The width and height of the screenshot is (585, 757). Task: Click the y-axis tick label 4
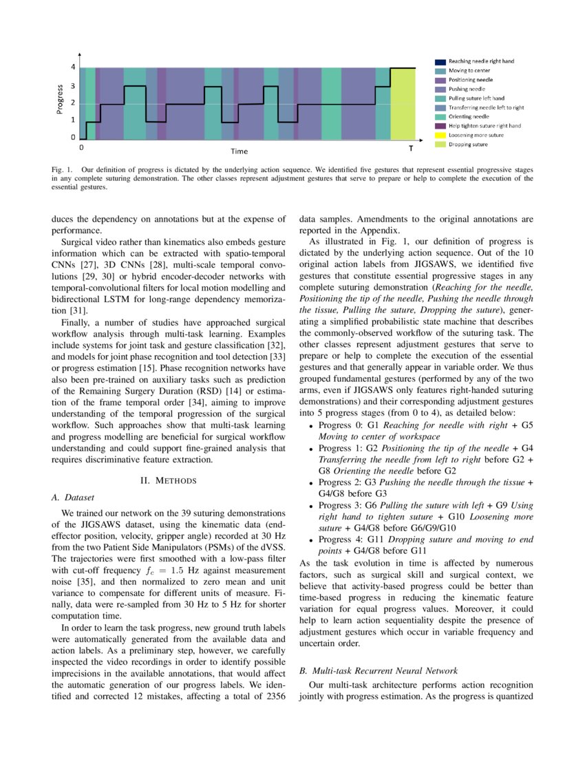tap(73, 67)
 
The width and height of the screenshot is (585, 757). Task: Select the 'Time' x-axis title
tap(240, 151)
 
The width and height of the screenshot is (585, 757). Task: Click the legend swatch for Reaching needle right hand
tap(440, 61)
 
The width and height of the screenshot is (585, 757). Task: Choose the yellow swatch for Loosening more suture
tap(440, 136)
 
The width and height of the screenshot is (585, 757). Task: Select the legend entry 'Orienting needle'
tap(469, 117)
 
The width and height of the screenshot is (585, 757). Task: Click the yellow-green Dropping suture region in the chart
tap(403, 103)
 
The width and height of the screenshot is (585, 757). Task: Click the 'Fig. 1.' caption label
tap(63, 169)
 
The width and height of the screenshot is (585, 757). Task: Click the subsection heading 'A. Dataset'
tap(72, 496)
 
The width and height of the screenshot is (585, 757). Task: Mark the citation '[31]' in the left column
tap(62, 310)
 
